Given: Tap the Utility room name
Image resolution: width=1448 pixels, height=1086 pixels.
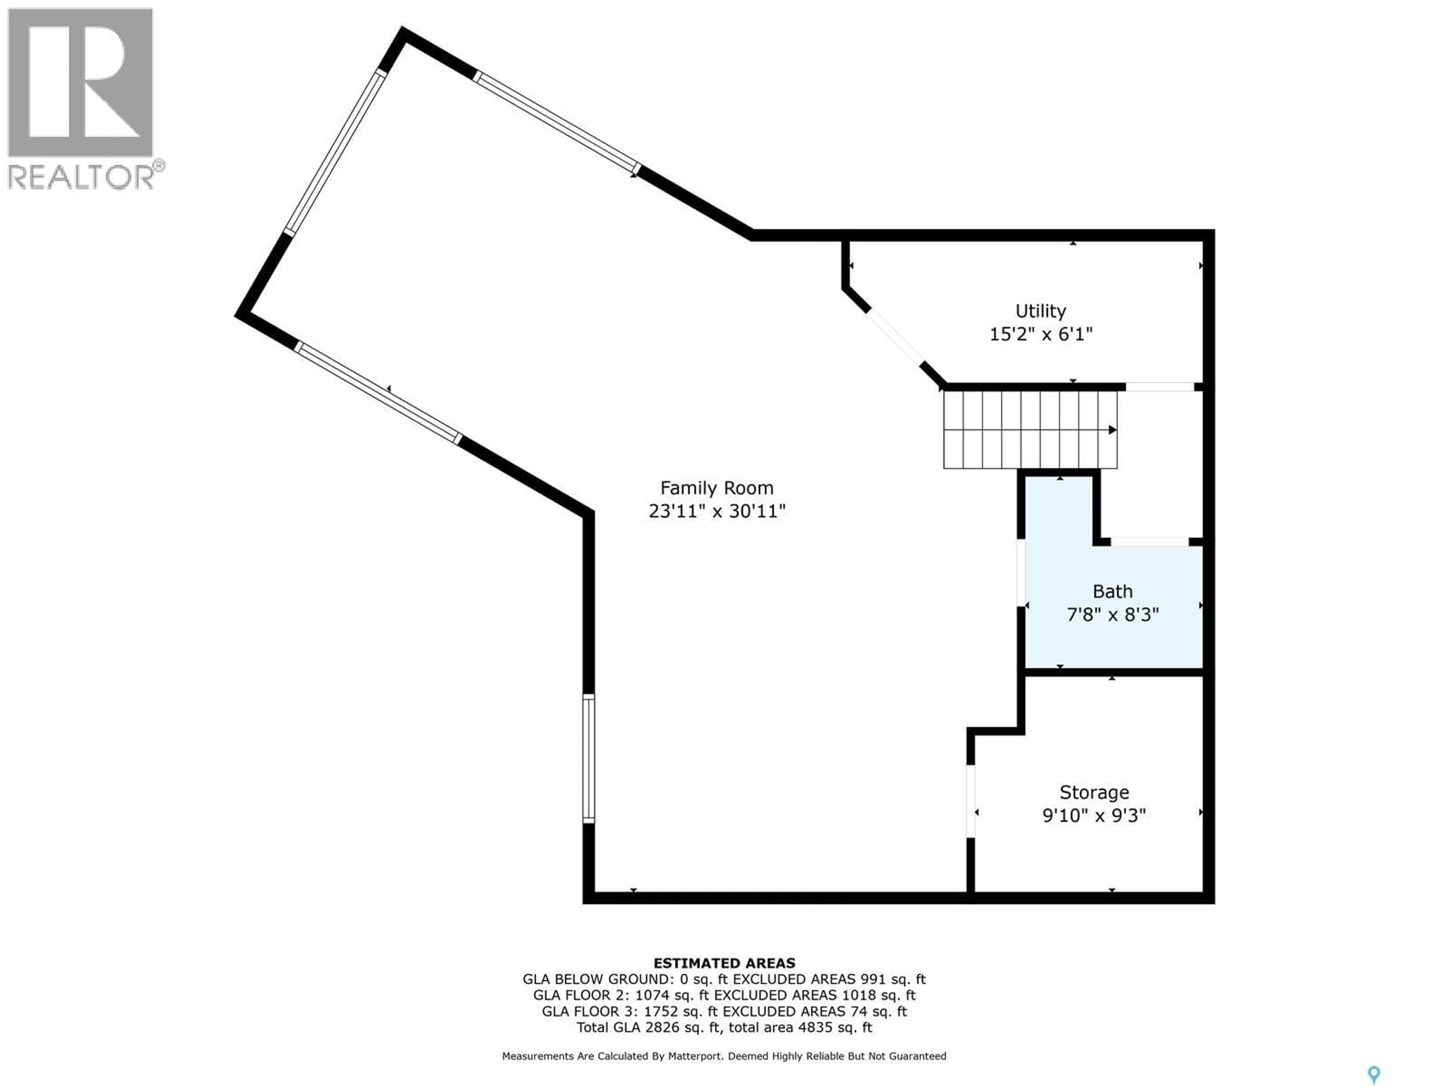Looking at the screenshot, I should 1040,311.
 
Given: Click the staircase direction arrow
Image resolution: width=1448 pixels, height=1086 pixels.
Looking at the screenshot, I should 1112,430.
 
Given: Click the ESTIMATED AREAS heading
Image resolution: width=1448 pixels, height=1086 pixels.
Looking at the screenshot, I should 724,963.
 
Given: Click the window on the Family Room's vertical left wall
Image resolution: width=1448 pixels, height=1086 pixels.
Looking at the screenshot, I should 589,758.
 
